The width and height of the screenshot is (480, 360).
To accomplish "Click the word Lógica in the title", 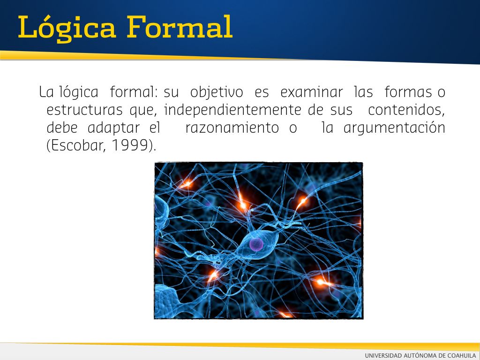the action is [x=67, y=28].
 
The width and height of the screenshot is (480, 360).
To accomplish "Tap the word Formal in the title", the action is [x=180, y=27].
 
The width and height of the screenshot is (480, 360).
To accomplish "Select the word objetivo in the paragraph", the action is [x=217, y=92].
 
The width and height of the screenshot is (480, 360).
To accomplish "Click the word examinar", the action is [x=311, y=92].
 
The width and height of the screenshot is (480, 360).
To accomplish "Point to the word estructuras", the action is [x=84, y=110].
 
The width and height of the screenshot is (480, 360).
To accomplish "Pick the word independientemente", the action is [x=232, y=110].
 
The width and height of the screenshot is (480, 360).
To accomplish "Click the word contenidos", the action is [x=406, y=110].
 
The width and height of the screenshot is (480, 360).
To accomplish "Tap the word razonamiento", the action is [x=232, y=127].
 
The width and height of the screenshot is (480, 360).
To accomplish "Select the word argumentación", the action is [x=394, y=128].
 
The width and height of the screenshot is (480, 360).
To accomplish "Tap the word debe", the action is [x=62, y=127].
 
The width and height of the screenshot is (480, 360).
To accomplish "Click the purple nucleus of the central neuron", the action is [x=256, y=244].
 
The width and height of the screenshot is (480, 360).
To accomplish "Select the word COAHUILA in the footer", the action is [x=461, y=355].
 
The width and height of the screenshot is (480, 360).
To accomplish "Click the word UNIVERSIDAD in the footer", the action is [x=383, y=355].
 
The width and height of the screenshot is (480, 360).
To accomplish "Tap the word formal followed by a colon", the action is [x=134, y=92].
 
